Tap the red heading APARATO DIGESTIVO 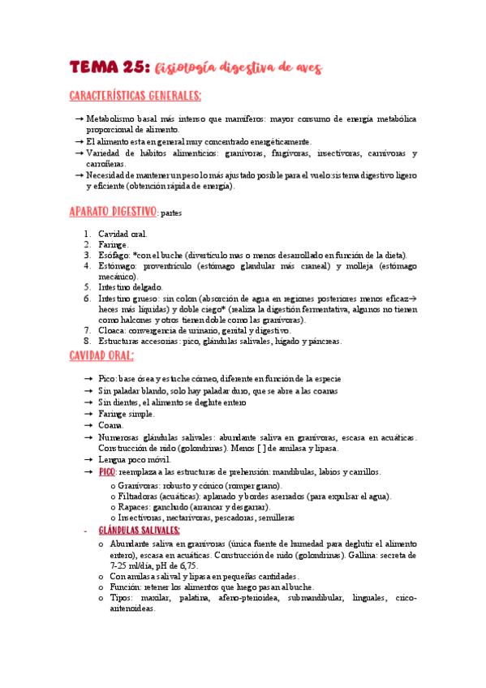[x=112, y=213]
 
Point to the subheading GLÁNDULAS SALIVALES [x=139, y=530]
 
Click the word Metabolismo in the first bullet [x=113, y=118]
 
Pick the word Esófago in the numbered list [x=114, y=256]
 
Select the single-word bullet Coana [x=111, y=425]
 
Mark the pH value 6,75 [x=187, y=565]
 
